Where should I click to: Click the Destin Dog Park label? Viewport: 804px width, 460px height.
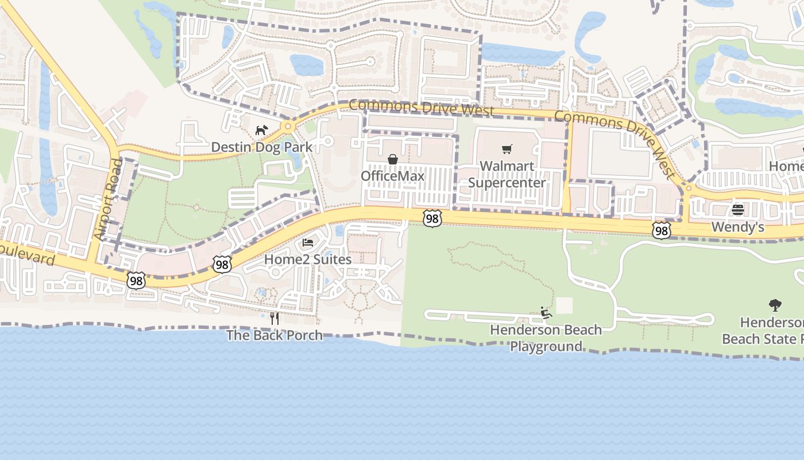coord(262,147)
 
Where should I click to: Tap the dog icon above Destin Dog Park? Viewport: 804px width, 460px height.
coord(261,131)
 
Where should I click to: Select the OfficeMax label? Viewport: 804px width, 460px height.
coord(393,176)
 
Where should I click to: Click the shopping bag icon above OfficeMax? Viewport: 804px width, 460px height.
coord(393,159)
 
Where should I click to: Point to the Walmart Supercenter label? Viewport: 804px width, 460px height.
coord(507,174)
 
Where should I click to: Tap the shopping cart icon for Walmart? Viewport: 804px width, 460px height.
coord(507,149)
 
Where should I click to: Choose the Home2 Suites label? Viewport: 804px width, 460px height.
coord(308,259)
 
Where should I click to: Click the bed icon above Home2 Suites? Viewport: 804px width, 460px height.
coord(308,243)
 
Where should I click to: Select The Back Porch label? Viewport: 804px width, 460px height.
coord(275,335)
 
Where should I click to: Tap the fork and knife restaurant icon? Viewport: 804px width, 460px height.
coord(275,318)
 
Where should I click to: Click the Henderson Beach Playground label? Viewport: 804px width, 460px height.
coord(546,338)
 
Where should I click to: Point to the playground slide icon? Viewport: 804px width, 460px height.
coord(546,313)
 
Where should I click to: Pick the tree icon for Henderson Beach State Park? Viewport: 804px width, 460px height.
coord(775,305)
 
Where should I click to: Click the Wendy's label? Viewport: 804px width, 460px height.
coord(738,227)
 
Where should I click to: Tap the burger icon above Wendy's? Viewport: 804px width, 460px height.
coord(738,210)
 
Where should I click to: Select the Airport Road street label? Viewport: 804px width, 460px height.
coord(108,200)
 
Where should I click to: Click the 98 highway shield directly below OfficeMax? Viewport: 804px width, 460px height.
coord(432,218)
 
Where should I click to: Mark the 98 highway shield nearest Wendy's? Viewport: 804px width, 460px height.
coord(662,231)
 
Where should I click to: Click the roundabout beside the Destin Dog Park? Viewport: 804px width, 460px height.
coord(288,126)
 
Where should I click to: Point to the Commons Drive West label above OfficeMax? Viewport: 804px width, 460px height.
coord(422,108)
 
